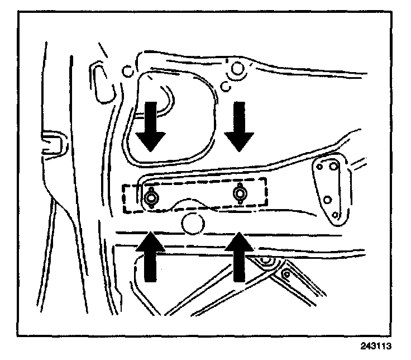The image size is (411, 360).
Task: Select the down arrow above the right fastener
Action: tap(240, 127)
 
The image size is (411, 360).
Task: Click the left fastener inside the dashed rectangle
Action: tap(150, 197)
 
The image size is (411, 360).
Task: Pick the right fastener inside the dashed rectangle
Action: tap(240, 193)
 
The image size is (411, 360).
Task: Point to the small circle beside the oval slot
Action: tap(127, 72)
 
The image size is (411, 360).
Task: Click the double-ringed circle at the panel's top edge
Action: tap(237, 69)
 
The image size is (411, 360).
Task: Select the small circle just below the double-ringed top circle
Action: tap(226, 87)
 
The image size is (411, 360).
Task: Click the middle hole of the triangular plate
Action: tap(328, 199)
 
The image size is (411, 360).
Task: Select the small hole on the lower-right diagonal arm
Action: tap(286, 273)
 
